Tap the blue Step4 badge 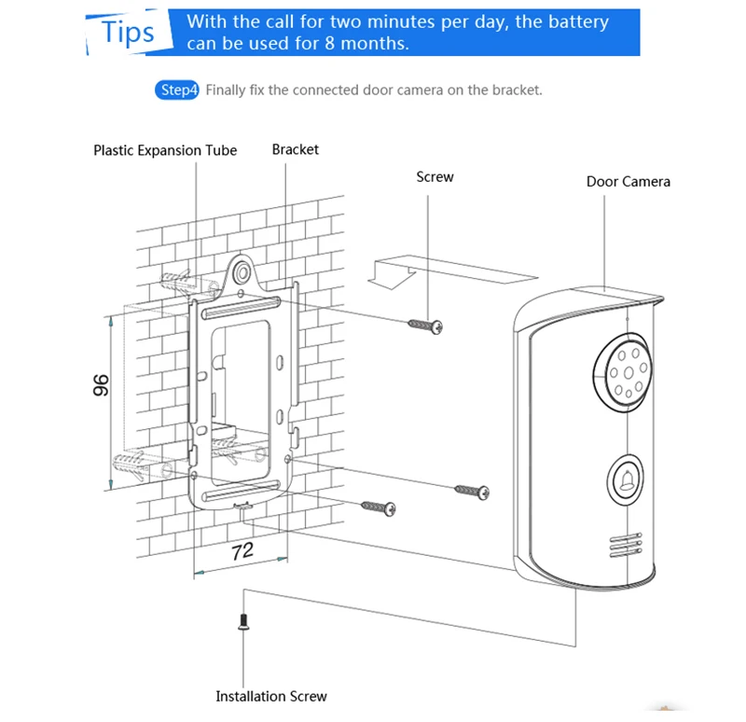point(177,90)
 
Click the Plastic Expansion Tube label point(165,150)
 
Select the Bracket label point(295,149)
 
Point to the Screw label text point(435,176)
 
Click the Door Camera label point(628,181)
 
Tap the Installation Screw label point(271,696)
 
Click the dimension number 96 point(101,384)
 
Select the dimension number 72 point(242,550)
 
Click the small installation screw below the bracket point(243,622)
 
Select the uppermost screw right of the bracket point(424,325)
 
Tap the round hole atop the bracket point(242,272)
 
